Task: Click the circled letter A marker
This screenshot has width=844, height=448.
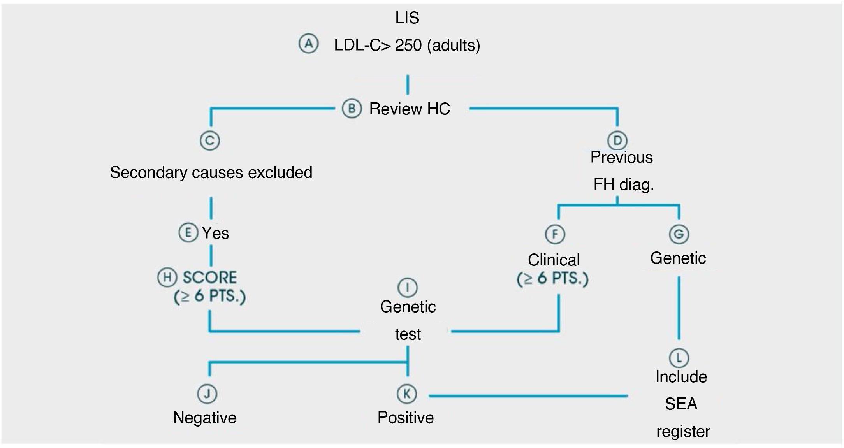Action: (x=308, y=44)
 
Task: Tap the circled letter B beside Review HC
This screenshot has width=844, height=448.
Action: (x=352, y=109)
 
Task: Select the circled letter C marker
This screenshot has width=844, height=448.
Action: (x=210, y=141)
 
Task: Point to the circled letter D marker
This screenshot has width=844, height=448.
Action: (x=617, y=141)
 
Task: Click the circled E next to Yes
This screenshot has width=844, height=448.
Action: (x=188, y=233)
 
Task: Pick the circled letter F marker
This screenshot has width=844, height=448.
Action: (x=555, y=234)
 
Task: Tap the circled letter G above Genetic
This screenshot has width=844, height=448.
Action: (x=679, y=234)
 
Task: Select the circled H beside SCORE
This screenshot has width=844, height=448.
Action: (x=167, y=277)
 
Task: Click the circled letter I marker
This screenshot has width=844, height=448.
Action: (x=407, y=288)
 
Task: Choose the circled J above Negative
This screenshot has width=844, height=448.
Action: (x=207, y=394)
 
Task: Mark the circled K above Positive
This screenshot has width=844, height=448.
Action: (x=406, y=394)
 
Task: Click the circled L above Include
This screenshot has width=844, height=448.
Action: (x=679, y=358)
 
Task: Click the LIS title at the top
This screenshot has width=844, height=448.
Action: (x=407, y=18)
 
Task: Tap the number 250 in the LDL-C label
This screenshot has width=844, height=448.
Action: (x=408, y=46)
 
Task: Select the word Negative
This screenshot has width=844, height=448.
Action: (x=205, y=418)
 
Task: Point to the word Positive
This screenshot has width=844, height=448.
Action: (x=406, y=418)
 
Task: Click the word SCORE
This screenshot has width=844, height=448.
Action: (x=210, y=278)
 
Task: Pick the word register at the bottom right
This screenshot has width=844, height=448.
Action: (x=683, y=431)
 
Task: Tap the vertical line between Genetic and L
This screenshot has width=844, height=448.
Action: (x=679, y=307)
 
